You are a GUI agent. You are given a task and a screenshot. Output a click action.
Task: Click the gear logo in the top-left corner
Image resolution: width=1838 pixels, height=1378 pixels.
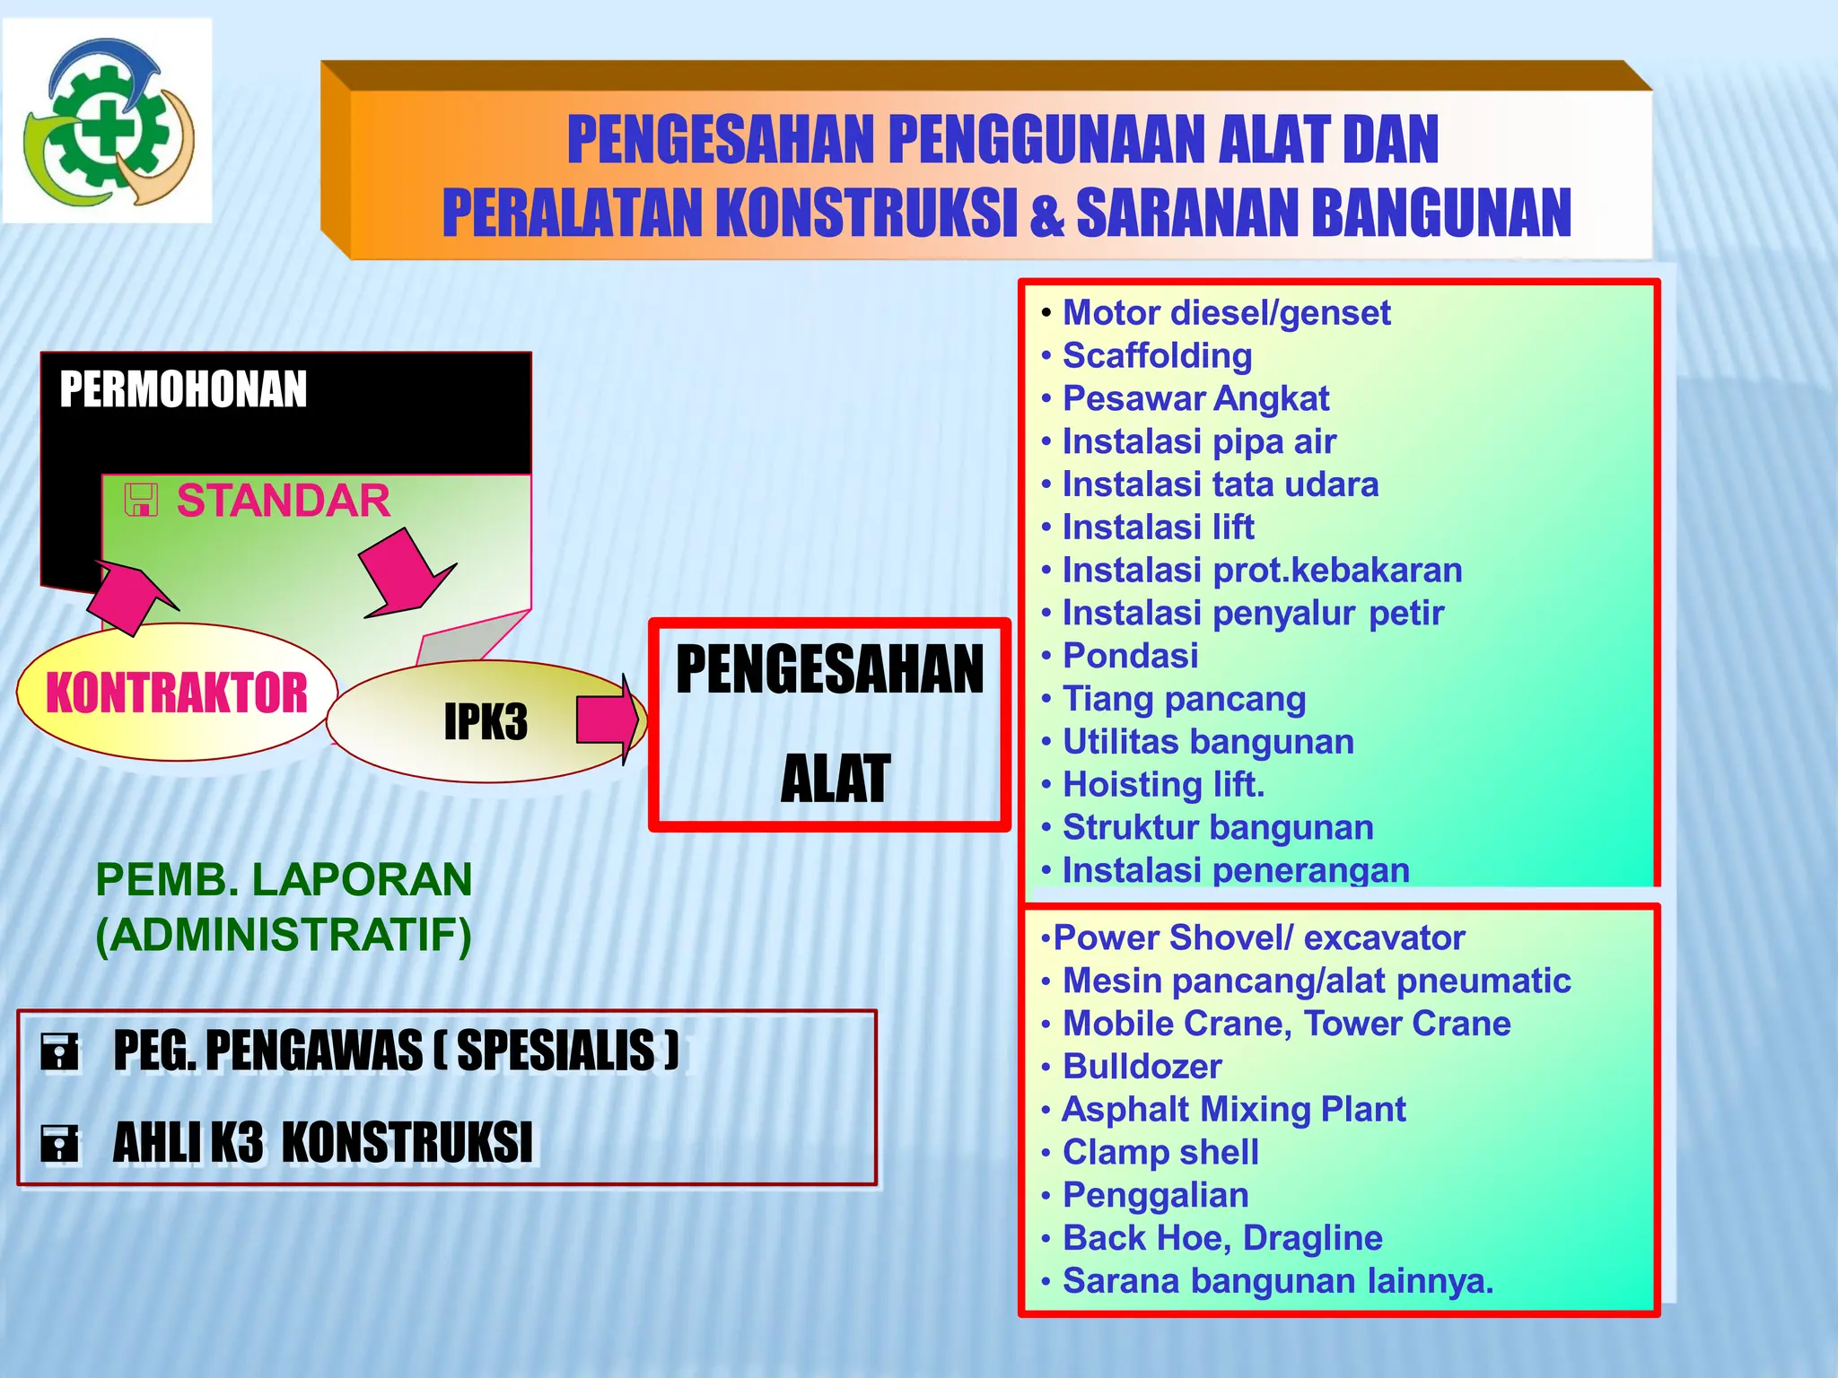[108, 121]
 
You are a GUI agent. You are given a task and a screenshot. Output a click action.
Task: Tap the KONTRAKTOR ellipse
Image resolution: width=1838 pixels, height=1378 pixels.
[176, 693]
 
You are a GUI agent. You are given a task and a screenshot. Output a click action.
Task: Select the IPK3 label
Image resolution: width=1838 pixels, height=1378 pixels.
[486, 721]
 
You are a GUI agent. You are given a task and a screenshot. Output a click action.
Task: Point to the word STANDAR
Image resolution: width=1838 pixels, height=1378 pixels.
[283, 501]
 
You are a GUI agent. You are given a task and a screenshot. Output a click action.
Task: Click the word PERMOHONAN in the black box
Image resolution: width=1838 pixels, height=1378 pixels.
[183, 389]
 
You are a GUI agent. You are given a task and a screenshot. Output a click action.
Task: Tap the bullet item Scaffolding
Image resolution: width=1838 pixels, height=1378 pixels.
[1157, 356]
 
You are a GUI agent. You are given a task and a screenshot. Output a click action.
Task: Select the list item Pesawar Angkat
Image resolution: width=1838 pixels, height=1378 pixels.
[1195, 399]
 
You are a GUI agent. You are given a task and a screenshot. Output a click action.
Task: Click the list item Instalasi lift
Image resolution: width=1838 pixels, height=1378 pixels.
[1158, 528]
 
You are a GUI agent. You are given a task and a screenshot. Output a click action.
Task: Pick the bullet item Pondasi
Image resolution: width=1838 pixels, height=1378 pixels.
[1130, 656]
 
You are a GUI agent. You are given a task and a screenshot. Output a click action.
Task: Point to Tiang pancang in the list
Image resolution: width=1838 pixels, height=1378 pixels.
[1184, 699]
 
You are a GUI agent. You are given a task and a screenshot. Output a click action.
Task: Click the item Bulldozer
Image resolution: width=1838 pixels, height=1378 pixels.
[1142, 1067]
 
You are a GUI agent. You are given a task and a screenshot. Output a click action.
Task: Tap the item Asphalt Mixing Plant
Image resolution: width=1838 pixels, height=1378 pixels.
[1233, 1110]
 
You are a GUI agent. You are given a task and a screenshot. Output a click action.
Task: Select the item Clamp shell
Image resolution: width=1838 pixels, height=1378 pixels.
[1160, 1153]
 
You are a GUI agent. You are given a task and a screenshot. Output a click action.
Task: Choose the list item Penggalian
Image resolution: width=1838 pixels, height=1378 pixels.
[1155, 1196]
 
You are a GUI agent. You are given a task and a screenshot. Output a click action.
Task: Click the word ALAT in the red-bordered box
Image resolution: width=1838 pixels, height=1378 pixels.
[835, 779]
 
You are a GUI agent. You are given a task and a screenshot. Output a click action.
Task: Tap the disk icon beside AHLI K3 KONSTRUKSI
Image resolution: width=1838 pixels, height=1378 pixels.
[59, 1143]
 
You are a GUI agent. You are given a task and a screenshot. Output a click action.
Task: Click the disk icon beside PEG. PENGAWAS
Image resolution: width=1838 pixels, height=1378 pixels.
[59, 1051]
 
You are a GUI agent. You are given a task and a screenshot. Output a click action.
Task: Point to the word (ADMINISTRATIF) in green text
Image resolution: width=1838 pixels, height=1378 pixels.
[284, 936]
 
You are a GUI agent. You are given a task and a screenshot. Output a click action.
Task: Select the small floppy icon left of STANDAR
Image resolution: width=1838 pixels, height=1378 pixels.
[141, 501]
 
